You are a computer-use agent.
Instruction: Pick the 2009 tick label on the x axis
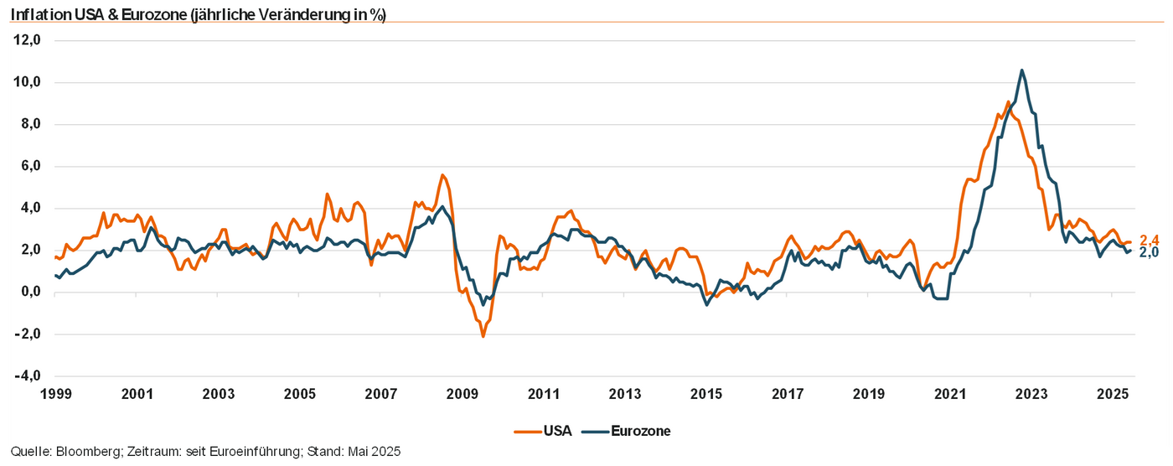point(462,393)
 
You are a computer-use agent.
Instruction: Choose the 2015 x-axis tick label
point(706,393)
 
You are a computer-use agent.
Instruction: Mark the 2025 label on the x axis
point(1113,393)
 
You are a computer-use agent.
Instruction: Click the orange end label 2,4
point(1149,241)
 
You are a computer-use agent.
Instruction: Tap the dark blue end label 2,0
point(1149,253)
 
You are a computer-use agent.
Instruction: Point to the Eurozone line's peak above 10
point(1021,70)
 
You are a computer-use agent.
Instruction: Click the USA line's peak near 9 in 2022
point(1008,101)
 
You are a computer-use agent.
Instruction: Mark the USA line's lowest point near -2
point(483,336)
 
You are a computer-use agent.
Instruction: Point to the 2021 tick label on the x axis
point(950,393)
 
